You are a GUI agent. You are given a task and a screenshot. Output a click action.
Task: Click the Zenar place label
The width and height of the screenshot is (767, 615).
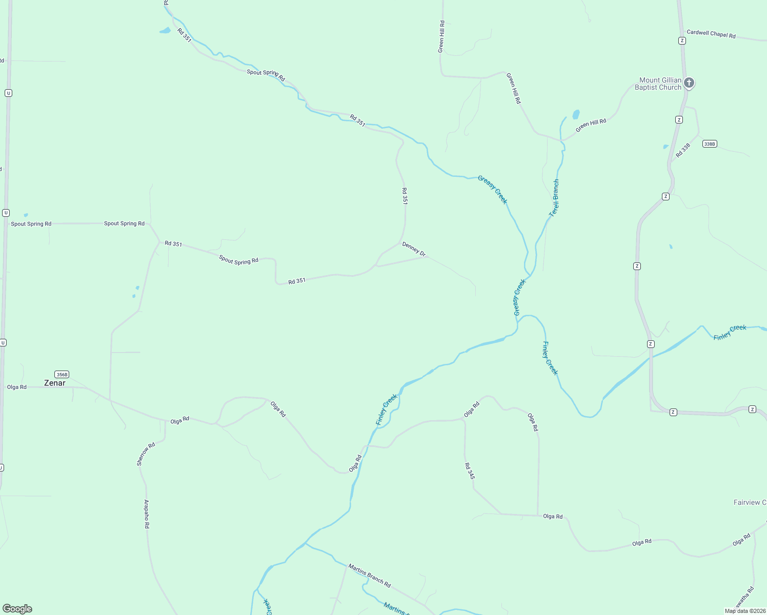tap(55, 383)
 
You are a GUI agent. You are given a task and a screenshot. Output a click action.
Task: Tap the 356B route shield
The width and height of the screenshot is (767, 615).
tap(62, 374)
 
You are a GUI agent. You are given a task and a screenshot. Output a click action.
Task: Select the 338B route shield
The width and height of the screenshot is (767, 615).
tap(709, 144)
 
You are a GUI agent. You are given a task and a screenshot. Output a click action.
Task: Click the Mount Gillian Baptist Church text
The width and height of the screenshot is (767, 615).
tap(660, 84)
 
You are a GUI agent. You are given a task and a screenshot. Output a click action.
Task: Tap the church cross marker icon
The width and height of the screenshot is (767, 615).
tap(689, 83)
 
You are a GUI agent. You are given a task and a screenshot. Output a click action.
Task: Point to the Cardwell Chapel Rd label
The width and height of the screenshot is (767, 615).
tap(711, 34)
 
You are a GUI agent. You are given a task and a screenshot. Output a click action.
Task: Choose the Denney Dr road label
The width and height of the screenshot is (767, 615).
tap(414, 249)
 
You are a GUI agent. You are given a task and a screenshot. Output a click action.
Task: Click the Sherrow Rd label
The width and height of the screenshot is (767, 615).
tap(146, 454)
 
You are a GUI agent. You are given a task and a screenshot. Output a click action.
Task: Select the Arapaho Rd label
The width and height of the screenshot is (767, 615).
tap(147, 514)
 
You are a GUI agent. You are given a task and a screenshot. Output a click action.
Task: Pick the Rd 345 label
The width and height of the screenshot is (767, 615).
tap(470, 470)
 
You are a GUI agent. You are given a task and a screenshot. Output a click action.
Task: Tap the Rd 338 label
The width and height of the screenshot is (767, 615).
tap(683, 150)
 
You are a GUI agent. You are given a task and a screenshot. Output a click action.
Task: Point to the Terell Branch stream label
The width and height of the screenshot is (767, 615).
tap(554, 198)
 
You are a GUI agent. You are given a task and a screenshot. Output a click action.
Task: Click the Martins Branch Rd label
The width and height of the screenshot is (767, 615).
tap(369, 576)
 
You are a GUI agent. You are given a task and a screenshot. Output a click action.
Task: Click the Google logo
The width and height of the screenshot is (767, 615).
tap(17, 609)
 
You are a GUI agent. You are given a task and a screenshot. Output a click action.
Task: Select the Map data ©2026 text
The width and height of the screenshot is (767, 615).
tap(745, 611)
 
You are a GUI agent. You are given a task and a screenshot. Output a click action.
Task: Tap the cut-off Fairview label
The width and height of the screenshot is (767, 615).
tap(750, 502)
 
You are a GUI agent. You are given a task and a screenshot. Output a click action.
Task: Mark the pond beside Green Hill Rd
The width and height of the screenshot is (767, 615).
tap(576, 114)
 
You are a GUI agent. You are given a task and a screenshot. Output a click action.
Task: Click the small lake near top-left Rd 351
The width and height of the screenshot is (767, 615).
tap(165, 31)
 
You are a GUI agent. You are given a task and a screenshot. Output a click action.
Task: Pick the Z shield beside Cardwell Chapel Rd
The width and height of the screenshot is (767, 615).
tap(682, 40)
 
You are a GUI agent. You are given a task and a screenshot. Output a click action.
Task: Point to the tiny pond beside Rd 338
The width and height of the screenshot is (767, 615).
tap(665, 147)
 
